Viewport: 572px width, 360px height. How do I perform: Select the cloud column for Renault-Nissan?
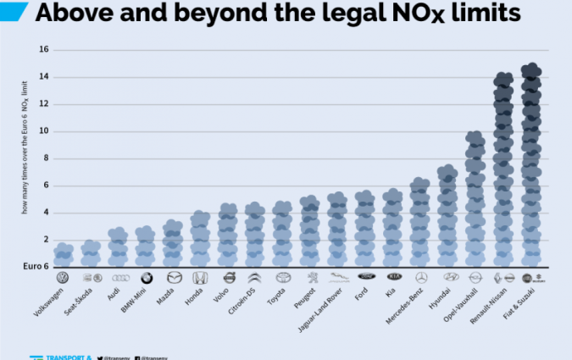(503, 169)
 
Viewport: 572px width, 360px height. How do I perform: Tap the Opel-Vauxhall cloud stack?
(475, 198)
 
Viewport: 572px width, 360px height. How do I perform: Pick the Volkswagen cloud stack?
(63, 254)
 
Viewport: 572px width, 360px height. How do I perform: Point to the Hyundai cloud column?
(448, 215)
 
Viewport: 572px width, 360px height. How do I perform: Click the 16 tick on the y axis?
(43, 50)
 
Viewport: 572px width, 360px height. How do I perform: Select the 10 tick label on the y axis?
(43, 131)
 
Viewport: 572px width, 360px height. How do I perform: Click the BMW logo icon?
(146, 278)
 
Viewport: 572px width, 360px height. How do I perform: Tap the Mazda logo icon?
(173, 278)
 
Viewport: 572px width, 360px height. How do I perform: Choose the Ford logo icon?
(366, 278)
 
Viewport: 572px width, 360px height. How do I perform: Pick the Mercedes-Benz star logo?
(421, 278)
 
